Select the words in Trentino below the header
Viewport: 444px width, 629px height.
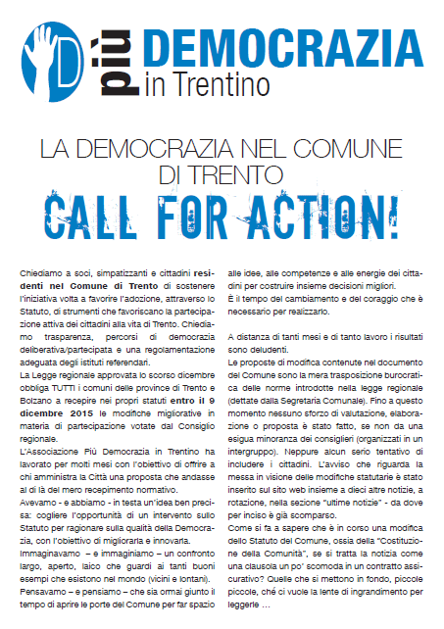click(x=207, y=84)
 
